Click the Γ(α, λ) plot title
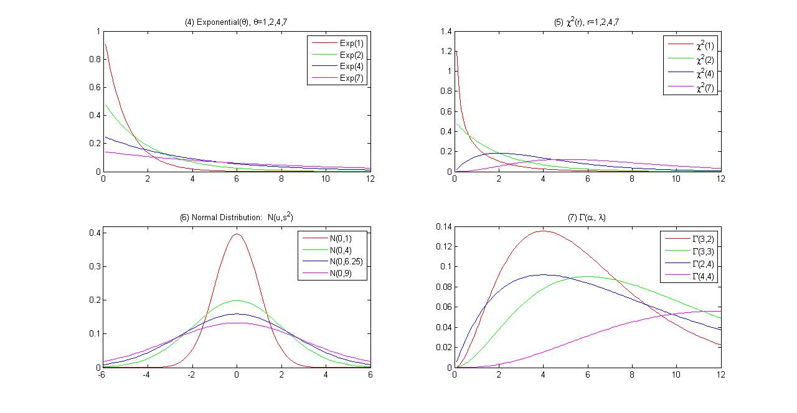click(x=587, y=218)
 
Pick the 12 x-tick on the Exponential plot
click(x=369, y=179)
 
